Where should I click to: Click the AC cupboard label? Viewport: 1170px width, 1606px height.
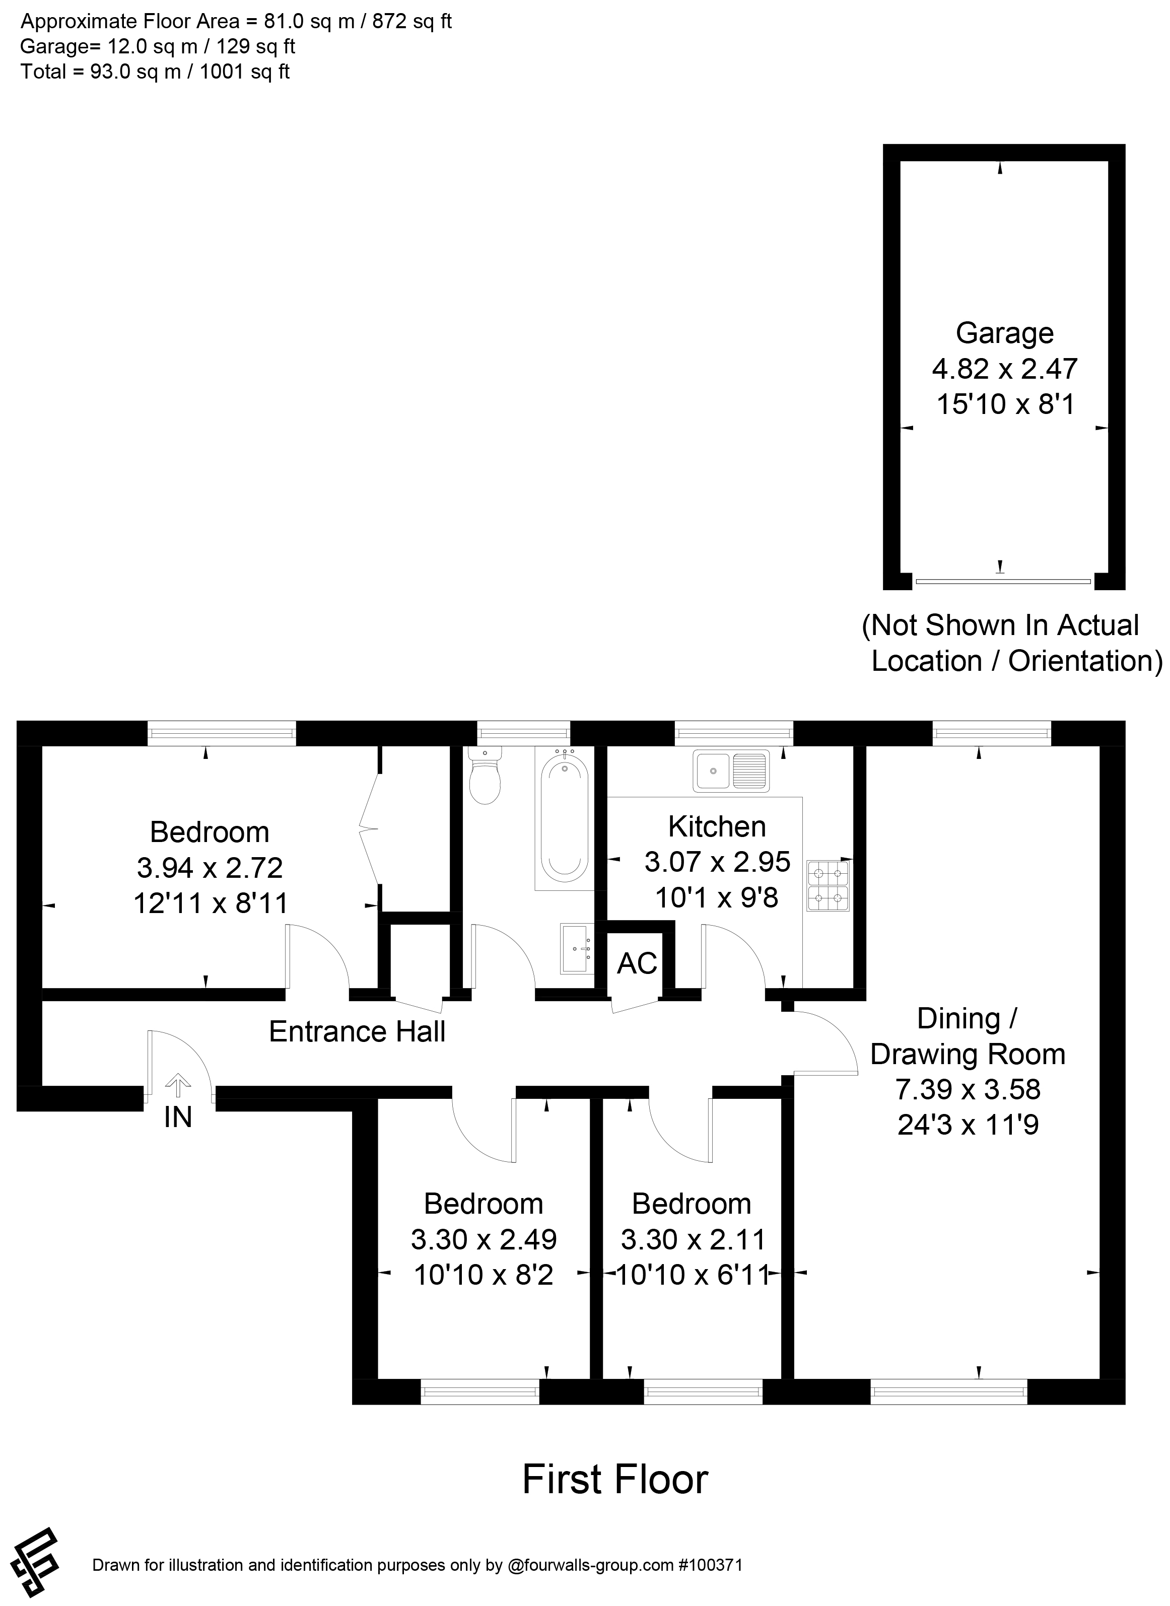(637, 964)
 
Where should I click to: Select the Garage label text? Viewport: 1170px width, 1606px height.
(1004, 333)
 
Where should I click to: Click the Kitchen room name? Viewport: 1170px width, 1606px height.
(717, 826)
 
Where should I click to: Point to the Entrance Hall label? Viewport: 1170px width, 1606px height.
(357, 1032)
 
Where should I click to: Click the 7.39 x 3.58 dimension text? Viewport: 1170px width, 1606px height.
(968, 1089)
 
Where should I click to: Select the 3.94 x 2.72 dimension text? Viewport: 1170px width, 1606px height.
(210, 867)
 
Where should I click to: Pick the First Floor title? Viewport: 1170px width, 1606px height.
(615, 1480)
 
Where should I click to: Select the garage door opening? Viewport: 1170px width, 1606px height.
(1003, 581)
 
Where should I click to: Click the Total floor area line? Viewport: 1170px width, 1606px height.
(155, 72)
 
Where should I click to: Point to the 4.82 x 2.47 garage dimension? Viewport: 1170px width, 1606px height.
(1004, 369)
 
